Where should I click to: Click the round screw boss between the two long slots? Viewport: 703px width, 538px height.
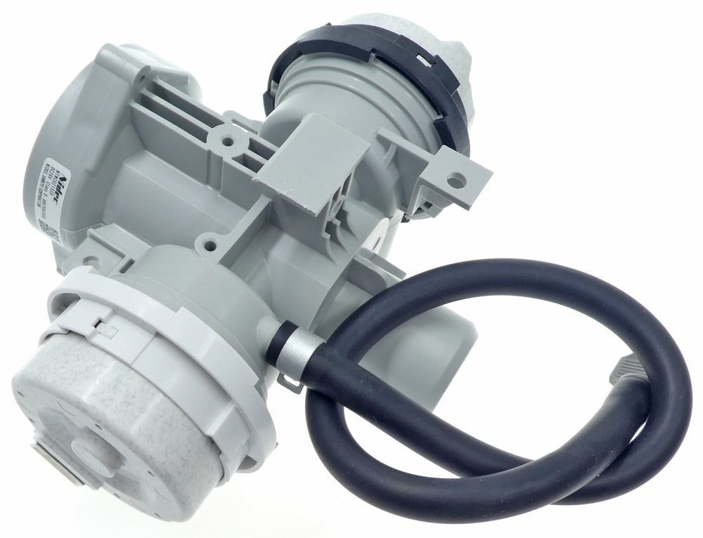point(227,141)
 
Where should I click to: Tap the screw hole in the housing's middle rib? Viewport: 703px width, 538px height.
point(206,245)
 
